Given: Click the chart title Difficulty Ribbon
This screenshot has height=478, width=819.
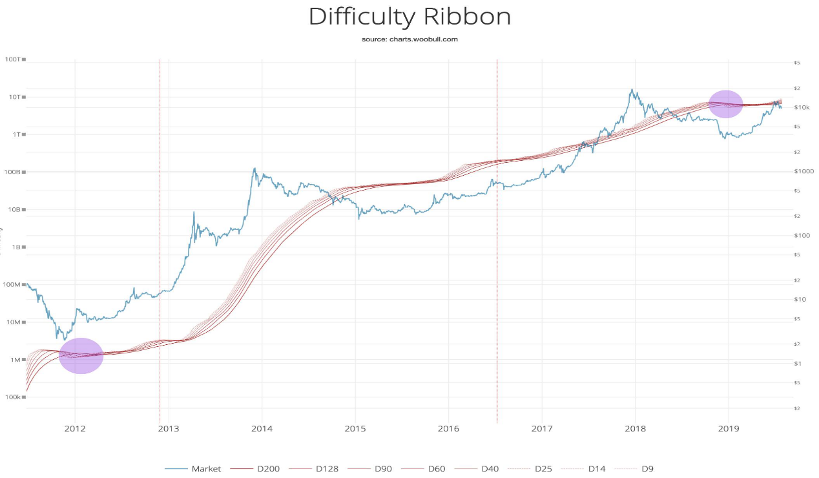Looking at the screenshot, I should pos(409,17).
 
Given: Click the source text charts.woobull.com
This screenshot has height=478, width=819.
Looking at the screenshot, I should pos(409,39).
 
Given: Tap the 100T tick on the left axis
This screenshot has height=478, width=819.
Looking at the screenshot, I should pos(13,59).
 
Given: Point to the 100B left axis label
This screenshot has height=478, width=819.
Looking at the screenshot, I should pos(12,172).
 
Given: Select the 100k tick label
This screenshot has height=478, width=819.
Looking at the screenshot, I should pos(12,397).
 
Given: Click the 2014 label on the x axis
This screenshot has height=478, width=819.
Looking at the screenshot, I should pos(262,428).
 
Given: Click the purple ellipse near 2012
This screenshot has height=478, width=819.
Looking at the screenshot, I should pos(81,356).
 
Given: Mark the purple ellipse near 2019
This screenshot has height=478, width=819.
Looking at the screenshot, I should pos(726,104).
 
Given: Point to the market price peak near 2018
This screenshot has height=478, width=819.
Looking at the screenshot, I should pos(632,90).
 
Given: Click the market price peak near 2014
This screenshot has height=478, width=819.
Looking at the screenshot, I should pos(254,169).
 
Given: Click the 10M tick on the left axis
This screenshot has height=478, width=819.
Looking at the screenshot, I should pos(12,322).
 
